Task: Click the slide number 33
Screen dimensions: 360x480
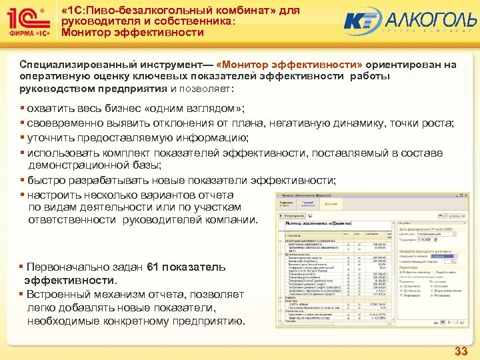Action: click(x=461, y=351)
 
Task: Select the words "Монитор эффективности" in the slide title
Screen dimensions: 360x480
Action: click(x=132, y=33)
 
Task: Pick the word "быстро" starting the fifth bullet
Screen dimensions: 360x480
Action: click(x=45, y=180)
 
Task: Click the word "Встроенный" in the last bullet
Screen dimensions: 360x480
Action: click(x=58, y=294)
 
